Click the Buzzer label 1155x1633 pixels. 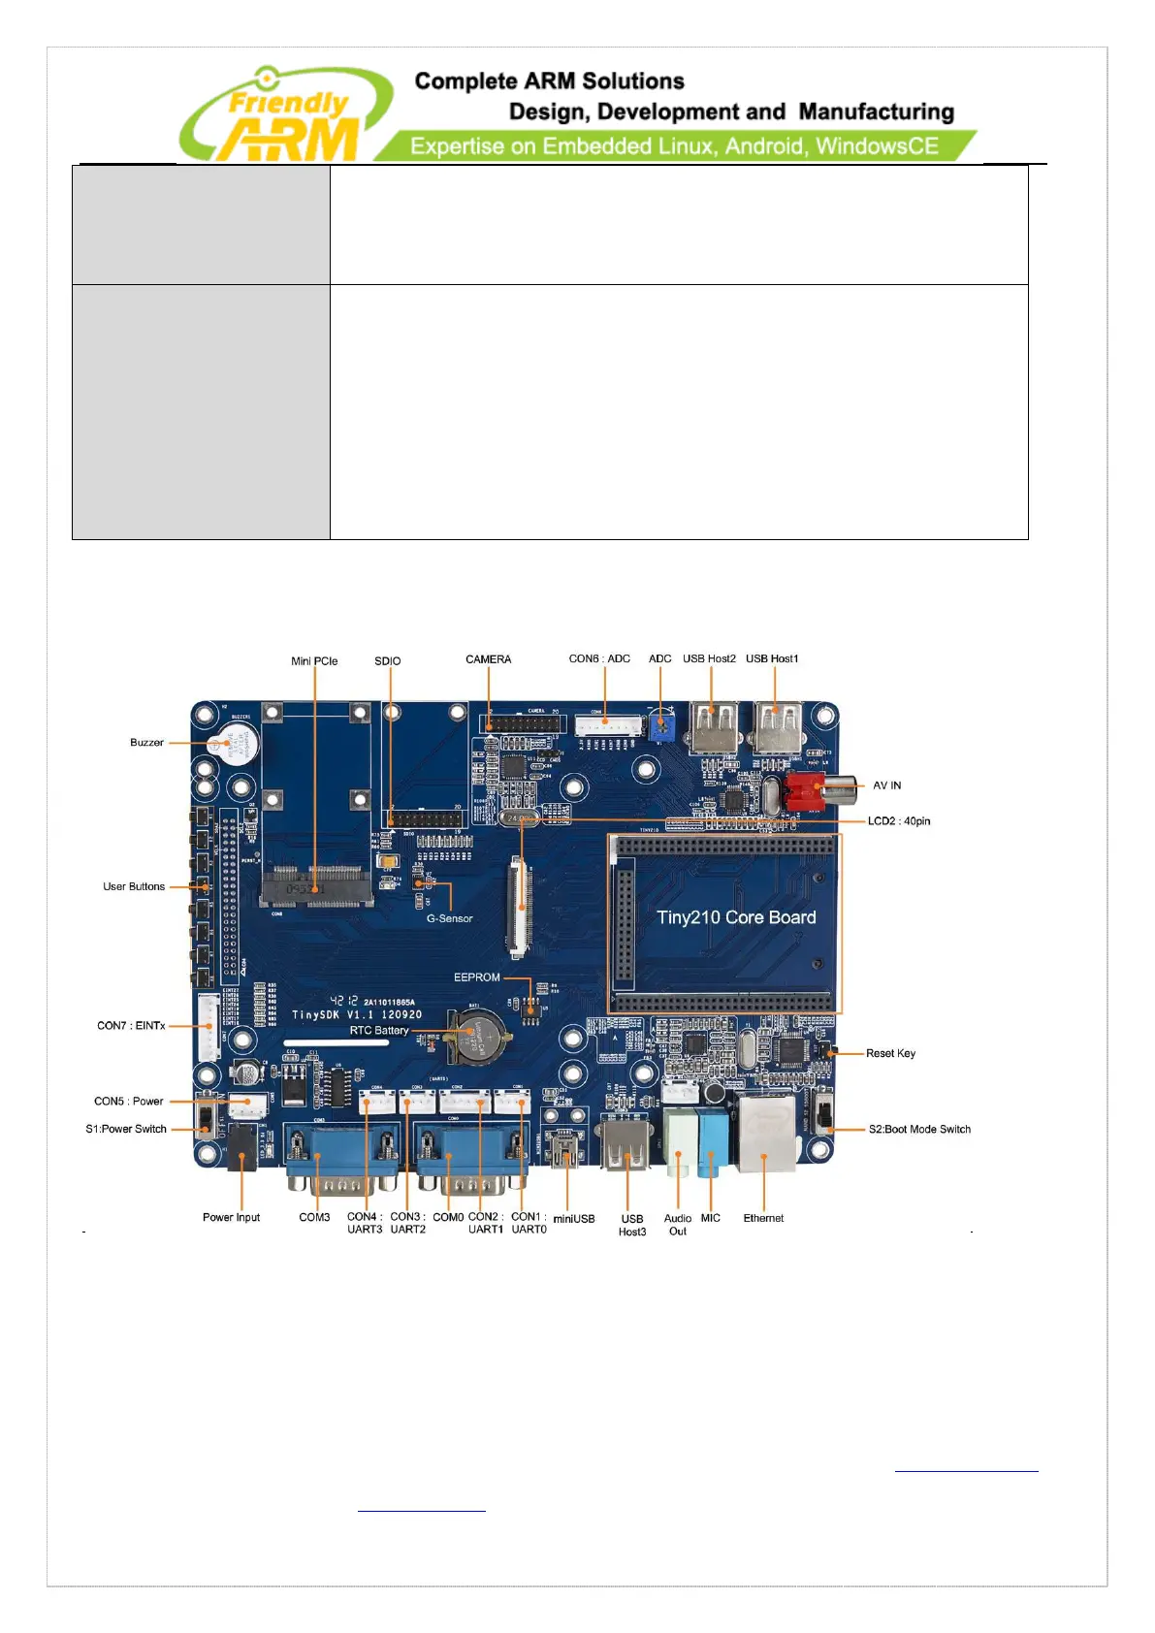146,743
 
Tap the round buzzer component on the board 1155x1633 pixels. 238,744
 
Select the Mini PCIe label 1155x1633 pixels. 314,661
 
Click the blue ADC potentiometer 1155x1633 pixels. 661,727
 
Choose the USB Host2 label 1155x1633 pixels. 709,659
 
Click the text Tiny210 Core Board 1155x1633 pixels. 736,917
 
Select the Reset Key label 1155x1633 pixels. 890,1053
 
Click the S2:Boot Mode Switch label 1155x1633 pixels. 919,1130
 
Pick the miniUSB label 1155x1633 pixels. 574,1219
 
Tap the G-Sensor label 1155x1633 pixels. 449,918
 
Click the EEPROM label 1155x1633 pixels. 477,977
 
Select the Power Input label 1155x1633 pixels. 231,1218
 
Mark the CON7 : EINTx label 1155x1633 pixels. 131,1026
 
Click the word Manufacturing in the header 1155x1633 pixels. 876,112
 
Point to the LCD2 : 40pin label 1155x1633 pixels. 899,821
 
